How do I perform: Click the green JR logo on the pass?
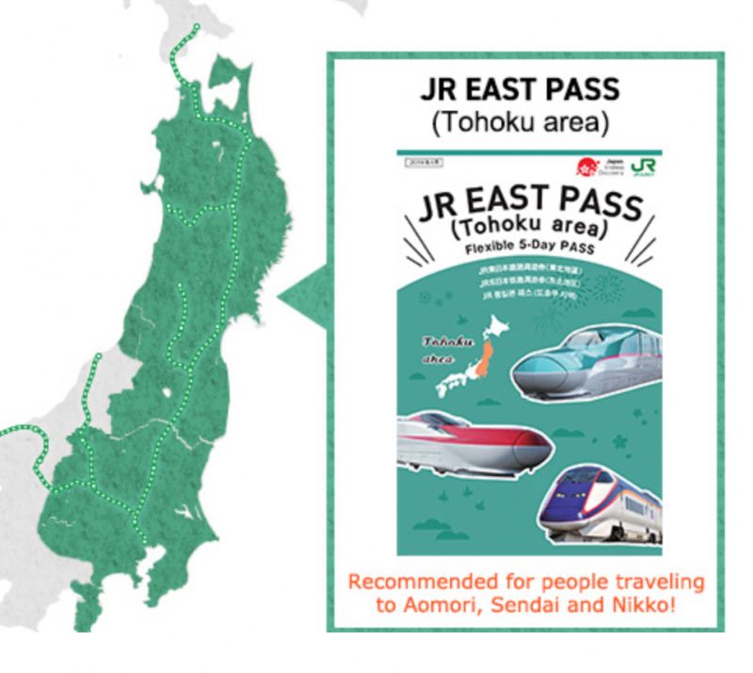pos(644,167)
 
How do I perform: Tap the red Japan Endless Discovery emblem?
pos(589,167)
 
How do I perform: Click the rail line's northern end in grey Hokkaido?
pos(196,26)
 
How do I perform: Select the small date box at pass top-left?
pos(420,162)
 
